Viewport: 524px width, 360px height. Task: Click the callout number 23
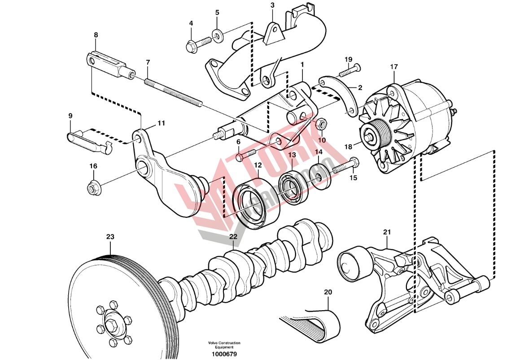(110, 236)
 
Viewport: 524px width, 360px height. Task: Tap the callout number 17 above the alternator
(393, 67)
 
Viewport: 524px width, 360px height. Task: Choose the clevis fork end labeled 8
(108, 65)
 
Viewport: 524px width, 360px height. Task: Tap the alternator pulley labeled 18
(372, 136)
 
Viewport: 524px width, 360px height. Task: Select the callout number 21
(387, 232)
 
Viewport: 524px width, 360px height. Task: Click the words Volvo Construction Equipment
(224, 345)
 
